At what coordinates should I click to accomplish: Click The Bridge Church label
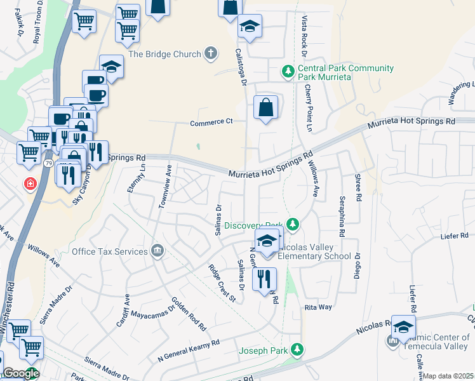164,55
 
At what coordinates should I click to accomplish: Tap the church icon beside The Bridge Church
211,55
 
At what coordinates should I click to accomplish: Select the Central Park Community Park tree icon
288,70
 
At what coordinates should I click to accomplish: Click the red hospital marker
29,184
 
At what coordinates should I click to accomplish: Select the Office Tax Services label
109,252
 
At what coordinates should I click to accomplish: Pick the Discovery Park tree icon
292,225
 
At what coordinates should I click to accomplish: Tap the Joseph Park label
263,350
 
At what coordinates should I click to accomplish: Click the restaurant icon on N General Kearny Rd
264,278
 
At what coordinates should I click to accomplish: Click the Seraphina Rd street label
341,215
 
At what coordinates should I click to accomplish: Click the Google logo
20,373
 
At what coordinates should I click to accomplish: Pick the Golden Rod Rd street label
189,314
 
